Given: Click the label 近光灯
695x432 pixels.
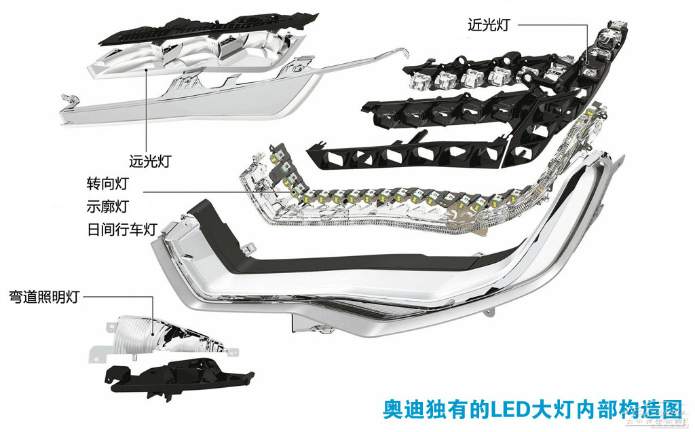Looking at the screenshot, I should (x=488, y=25).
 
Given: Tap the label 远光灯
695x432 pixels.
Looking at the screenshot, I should (x=150, y=162).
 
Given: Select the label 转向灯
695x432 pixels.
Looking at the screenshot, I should (x=107, y=183).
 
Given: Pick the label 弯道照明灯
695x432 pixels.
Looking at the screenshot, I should (x=44, y=297).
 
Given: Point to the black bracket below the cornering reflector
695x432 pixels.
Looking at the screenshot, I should (x=176, y=377).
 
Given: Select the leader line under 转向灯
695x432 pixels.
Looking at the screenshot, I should (x=204, y=192).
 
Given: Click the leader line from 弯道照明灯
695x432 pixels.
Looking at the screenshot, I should (x=122, y=297).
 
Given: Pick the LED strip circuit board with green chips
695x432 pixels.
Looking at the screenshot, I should (x=380, y=197).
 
